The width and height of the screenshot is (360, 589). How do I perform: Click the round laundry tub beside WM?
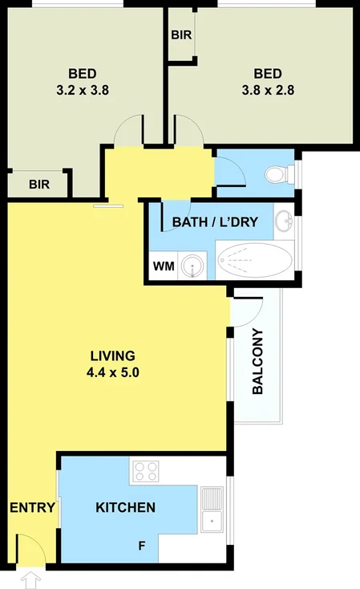(191, 265)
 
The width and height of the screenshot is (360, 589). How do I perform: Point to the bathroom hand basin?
(284, 221)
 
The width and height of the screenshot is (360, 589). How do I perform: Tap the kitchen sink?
(212, 511)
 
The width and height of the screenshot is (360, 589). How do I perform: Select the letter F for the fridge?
(142, 546)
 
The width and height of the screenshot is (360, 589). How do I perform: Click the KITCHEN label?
(125, 507)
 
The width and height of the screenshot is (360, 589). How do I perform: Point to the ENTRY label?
(32, 507)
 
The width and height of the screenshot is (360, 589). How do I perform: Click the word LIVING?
(112, 355)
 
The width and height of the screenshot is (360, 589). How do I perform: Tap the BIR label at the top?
(181, 35)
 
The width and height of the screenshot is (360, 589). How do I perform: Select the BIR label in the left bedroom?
(39, 184)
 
